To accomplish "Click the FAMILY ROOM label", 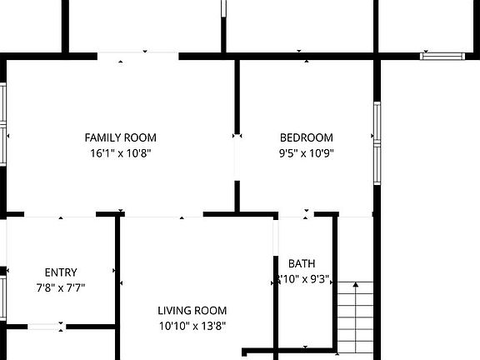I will tap(121, 137).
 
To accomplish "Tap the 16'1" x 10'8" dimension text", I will tap(121, 153).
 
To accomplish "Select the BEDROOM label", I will tap(306, 137).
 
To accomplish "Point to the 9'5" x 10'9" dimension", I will tap(306, 153).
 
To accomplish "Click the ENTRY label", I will tap(61, 272).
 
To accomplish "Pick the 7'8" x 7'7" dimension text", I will tap(61, 287).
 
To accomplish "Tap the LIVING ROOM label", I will tap(192, 311).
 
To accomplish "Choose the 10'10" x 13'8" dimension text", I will tap(192, 327).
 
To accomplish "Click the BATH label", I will tap(301, 264).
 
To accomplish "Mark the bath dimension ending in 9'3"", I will tap(302, 279).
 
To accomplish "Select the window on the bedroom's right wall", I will tap(377, 143).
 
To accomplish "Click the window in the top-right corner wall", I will tap(442, 56).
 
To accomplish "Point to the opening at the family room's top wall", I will tap(138, 56).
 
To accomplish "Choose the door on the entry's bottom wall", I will tap(47, 326).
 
